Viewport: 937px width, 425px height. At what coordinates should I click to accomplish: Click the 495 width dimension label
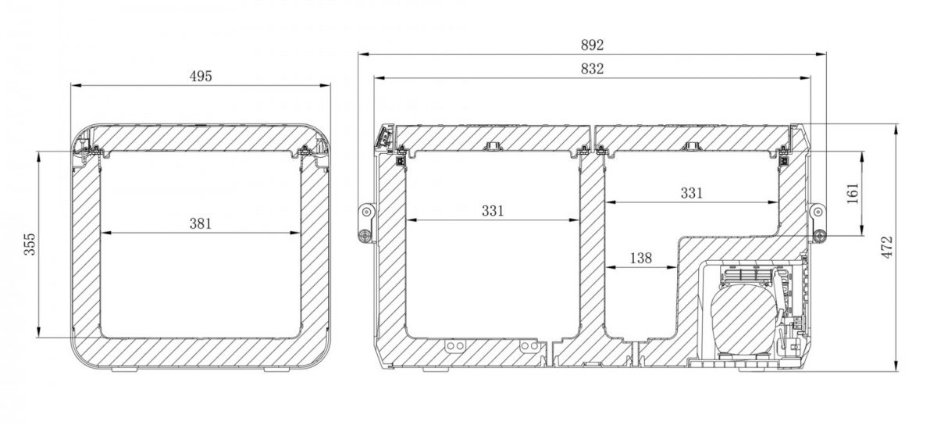201,77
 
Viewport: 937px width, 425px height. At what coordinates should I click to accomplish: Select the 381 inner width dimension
201,223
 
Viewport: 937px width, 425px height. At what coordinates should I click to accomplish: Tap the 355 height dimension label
30,244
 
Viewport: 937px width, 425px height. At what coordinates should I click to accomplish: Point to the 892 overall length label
593,45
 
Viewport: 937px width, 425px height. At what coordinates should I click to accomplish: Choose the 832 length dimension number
593,69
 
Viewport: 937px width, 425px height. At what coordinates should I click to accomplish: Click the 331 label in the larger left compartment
493,211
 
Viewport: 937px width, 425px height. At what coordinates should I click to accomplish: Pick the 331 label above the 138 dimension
692,193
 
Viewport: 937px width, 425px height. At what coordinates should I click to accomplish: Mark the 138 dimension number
641,258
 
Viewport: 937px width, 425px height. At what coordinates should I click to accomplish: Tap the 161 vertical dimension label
853,194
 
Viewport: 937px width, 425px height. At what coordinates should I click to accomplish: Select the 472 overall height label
887,248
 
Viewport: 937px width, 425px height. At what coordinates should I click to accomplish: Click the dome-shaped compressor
736,319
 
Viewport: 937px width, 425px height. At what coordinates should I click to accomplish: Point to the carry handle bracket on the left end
366,223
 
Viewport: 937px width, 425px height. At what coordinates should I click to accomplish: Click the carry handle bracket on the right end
818,223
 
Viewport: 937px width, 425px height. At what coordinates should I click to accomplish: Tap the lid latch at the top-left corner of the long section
385,136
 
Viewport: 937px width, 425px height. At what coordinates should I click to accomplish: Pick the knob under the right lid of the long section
692,146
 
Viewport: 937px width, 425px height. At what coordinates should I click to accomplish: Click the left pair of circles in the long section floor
454,346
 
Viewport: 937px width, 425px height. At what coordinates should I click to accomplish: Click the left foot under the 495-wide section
124,370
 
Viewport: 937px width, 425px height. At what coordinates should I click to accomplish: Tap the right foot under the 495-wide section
277,370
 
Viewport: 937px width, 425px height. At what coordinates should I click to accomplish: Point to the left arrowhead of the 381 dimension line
105,233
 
